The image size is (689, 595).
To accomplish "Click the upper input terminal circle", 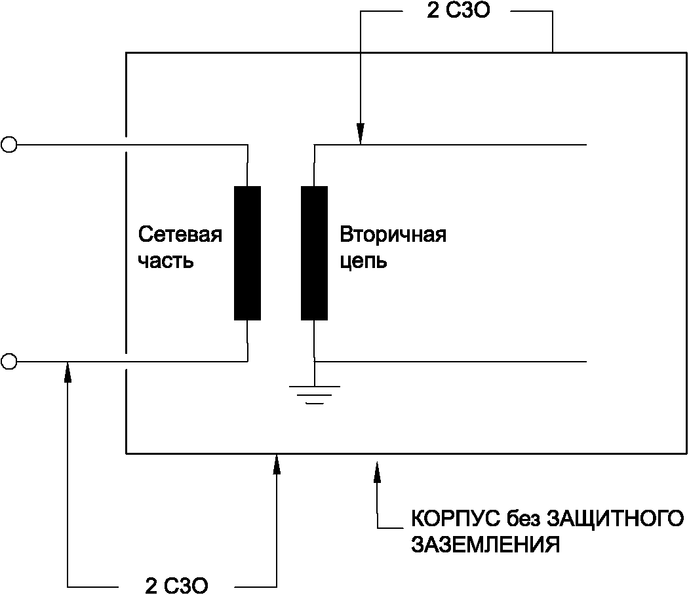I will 9,144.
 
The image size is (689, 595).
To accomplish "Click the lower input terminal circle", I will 9,360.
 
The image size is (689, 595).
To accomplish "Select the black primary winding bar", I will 247,253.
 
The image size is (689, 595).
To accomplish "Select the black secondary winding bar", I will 314,253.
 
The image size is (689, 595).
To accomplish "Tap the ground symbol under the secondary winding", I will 315,394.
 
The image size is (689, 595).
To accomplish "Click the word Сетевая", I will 180,235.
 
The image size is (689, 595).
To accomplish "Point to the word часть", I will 166,261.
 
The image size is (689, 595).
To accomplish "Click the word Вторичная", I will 393,235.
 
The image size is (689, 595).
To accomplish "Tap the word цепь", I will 363,261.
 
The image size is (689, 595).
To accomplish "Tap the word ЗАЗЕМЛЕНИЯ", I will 485,545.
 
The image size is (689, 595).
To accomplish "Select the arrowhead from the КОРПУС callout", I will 377,470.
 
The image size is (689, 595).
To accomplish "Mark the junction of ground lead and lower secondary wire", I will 315,361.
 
